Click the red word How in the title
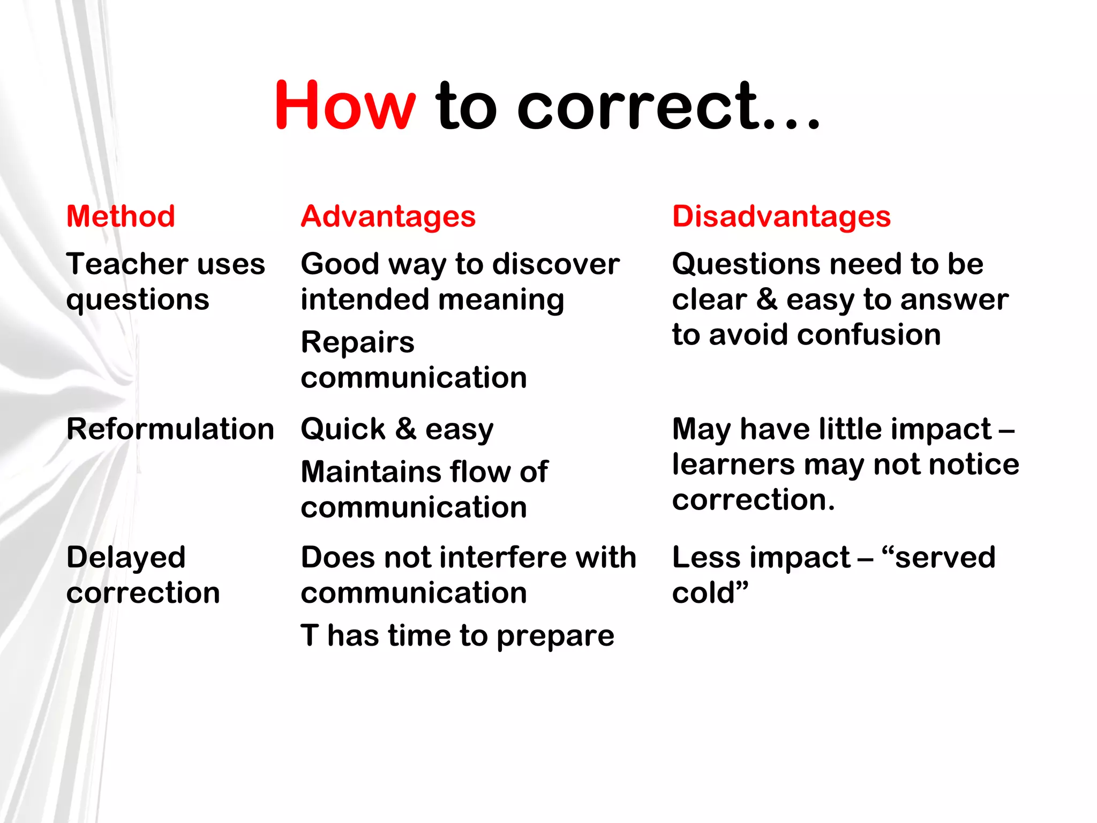(344, 106)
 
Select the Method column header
(121, 216)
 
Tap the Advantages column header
(388, 216)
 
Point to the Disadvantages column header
(781, 216)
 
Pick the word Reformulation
(170, 429)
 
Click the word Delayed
(126, 557)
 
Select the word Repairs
(357, 342)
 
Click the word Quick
(343, 429)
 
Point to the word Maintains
(368, 472)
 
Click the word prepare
(555, 636)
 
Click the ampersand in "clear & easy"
(767, 299)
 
